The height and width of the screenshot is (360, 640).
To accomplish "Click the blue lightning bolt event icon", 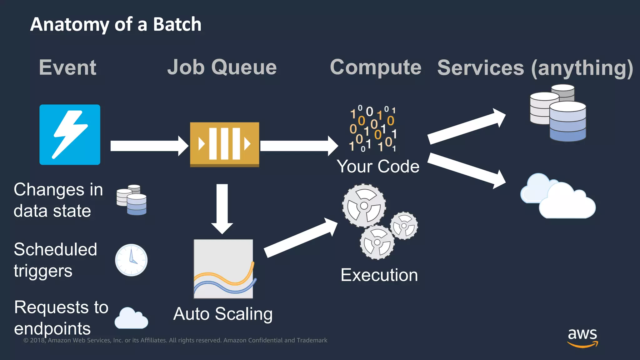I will [x=70, y=134].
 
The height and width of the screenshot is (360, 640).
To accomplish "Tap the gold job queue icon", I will [x=224, y=144].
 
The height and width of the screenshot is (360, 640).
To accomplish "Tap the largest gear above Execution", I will [x=364, y=206].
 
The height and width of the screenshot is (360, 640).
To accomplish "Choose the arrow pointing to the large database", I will [x=466, y=127].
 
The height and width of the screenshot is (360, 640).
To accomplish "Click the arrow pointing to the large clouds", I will [x=466, y=170].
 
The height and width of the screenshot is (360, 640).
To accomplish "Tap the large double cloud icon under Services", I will [x=558, y=197].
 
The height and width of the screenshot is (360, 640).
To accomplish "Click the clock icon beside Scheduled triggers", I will [x=131, y=260].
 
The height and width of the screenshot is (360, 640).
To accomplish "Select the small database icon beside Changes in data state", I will [x=132, y=200].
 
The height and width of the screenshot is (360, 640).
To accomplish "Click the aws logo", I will [x=582, y=337].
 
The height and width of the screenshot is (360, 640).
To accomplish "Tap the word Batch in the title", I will [x=177, y=24].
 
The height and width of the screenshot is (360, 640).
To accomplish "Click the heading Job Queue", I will [x=222, y=67].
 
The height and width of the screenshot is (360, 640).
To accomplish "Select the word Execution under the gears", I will [x=379, y=275].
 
